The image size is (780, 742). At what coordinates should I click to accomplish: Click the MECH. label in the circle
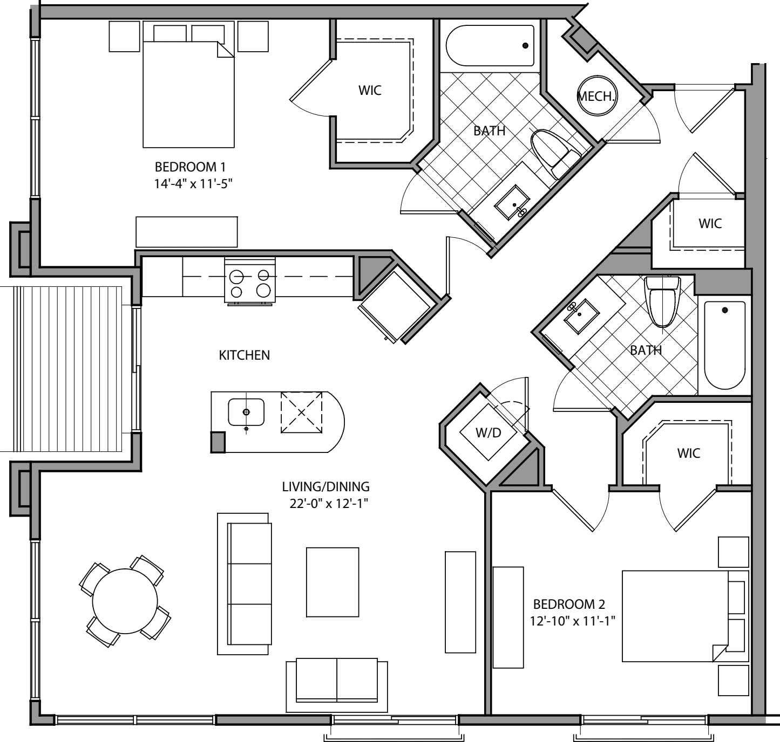coord(596,97)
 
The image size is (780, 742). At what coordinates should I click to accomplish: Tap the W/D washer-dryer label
coord(488,432)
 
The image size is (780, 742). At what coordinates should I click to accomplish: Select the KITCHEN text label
coord(244,355)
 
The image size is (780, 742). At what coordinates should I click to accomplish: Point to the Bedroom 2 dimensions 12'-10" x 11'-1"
coord(573,621)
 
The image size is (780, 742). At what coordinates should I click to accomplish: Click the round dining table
coord(125,601)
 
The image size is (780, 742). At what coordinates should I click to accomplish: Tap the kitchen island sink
coord(246,412)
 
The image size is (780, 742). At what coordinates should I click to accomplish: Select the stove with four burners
coord(250,279)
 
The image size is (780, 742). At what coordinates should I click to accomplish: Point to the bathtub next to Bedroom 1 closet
coord(490,46)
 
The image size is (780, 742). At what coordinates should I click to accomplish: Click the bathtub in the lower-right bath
coord(724,345)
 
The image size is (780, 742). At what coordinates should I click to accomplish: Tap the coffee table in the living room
coord(333,582)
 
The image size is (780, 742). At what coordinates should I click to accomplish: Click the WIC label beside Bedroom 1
coord(370,90)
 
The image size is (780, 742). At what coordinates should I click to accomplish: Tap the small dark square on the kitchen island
coord(218,442)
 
